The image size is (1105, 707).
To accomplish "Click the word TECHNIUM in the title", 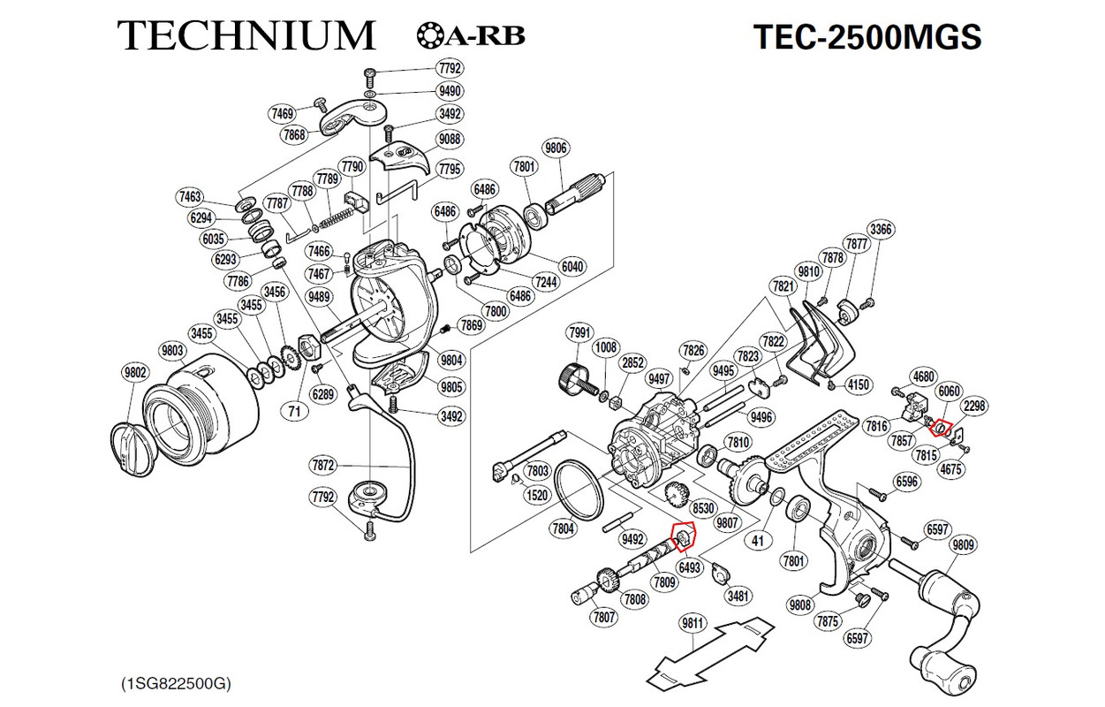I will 246,35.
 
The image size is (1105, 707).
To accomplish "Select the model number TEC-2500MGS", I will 867,37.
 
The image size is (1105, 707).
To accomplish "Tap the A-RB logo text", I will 471,36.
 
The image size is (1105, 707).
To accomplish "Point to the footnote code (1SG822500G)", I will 176,683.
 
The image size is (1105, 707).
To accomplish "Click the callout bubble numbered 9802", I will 135,373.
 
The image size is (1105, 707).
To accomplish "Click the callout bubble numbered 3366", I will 881,230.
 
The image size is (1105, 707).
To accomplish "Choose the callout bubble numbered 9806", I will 556,148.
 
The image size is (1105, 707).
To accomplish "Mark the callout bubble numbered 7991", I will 579,332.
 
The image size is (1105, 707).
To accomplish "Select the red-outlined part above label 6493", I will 683,535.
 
